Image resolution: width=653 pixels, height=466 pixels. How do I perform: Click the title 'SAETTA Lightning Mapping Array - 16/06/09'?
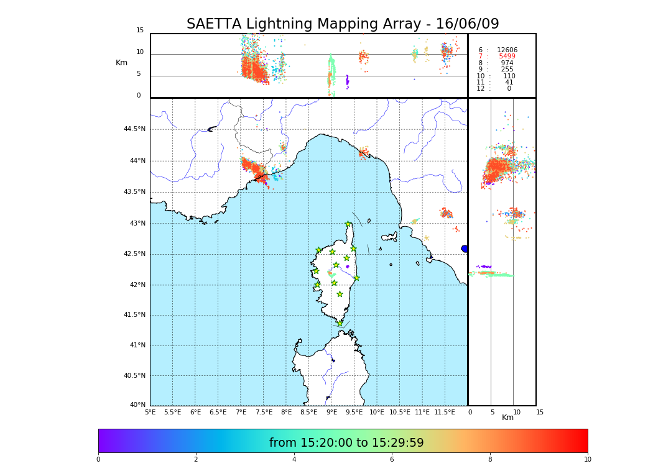coord(343,24)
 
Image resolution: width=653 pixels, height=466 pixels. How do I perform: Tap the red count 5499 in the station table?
coord(507,57)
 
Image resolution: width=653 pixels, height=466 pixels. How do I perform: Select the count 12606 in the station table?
coord(507,50)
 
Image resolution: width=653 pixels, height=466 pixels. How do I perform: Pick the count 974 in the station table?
coord(507,63)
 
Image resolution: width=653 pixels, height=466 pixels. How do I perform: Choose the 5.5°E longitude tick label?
coord(172,412)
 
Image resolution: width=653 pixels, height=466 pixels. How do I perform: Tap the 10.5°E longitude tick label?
coord(399,412)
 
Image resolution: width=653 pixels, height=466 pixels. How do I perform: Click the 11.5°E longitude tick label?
coord(445,412)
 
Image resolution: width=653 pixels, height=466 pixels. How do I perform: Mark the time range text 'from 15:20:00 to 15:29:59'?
coord(346,443)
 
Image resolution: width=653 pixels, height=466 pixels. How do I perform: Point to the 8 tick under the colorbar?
coord(489,460)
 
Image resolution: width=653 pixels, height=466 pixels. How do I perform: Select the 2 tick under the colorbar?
coord(196,460)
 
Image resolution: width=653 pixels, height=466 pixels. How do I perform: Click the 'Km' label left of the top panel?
coord(121,63)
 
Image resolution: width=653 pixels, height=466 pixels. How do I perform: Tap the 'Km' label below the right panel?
coord(507,418)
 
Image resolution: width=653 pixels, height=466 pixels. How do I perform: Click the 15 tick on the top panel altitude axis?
coord(140,30)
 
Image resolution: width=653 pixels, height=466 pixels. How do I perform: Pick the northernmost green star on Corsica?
coord(348,224)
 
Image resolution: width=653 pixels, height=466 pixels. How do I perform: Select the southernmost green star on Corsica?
coord(340,323)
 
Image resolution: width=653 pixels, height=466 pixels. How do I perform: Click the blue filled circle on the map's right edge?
coord(465,249)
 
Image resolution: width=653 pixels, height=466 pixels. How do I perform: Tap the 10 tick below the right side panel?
coord(517,412)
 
